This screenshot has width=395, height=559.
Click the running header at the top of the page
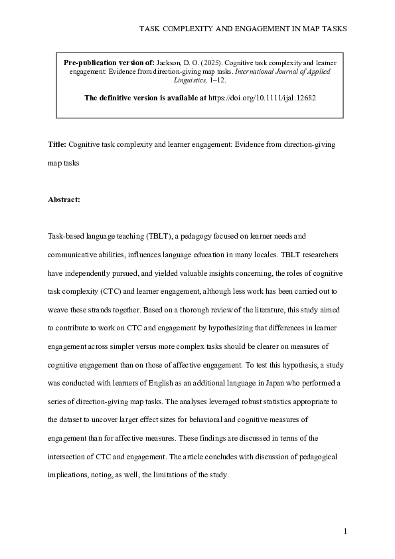243,29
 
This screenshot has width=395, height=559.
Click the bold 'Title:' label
57,144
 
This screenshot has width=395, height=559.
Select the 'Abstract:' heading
64,199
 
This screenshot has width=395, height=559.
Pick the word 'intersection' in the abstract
72,457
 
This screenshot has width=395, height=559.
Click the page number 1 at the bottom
346,531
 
